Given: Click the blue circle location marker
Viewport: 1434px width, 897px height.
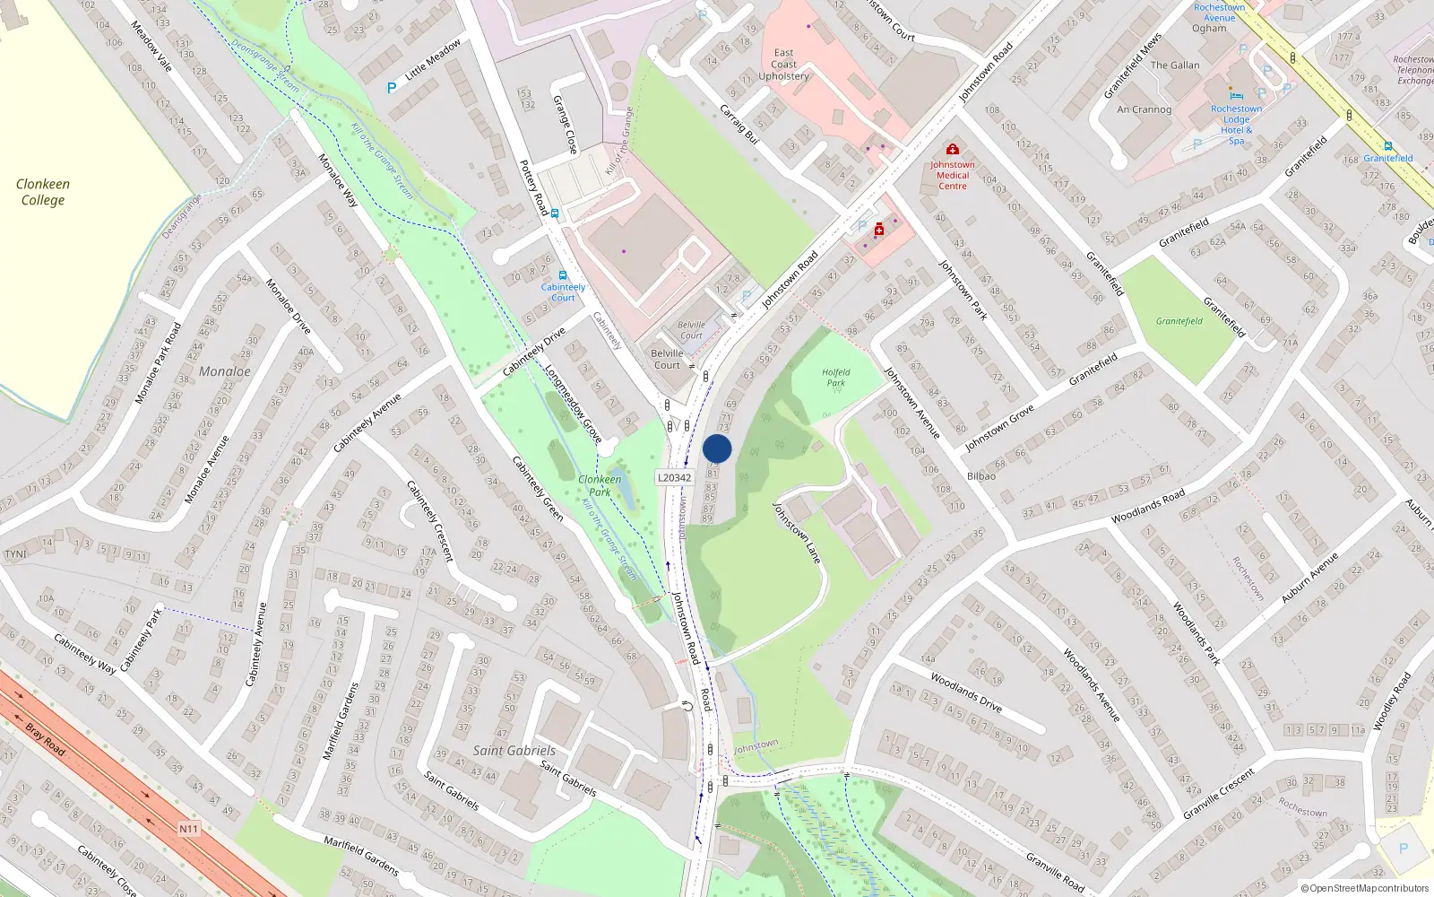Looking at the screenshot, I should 717,449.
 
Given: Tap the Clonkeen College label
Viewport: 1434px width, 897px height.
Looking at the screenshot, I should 43,192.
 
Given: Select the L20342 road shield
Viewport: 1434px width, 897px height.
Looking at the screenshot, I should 675,478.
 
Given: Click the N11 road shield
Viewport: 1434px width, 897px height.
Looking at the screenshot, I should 188,829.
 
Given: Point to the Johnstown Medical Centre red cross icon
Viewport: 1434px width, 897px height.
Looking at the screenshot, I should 952,150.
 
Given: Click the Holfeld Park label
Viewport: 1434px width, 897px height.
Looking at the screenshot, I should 835,378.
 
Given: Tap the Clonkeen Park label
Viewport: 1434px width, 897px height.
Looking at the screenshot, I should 600,485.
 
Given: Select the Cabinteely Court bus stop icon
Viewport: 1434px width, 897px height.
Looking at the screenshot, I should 563,275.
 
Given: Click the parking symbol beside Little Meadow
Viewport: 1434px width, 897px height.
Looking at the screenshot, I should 392,88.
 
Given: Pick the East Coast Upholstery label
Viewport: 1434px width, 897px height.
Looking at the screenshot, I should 783,65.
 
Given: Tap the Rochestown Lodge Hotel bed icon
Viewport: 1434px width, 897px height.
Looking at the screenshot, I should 1237,96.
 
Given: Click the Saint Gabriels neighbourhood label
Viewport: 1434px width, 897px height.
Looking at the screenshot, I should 514,751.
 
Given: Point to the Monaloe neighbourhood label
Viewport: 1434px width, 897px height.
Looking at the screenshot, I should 225,371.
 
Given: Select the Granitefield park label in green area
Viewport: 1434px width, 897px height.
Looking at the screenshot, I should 1179,321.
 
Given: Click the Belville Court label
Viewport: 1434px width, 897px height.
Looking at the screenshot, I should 667,359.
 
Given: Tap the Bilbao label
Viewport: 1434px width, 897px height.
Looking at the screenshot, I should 981,476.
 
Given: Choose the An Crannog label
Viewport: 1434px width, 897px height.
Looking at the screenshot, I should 1145,109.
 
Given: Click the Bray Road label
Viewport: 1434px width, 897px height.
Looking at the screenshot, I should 45,739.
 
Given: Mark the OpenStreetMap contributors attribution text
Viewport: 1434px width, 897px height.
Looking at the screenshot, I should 1365,889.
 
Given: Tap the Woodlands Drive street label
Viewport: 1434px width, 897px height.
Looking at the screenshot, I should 966,692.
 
